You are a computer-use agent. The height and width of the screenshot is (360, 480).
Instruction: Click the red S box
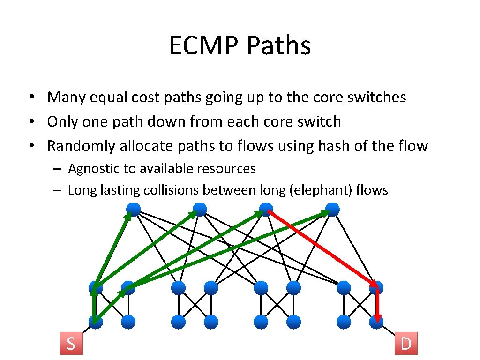pos(71,343)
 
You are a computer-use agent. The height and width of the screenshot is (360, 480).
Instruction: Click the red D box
pos(406,343)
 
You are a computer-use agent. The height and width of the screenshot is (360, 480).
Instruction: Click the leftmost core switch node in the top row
pos(133,210)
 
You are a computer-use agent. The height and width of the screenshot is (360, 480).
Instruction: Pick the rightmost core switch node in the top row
pos(332,210)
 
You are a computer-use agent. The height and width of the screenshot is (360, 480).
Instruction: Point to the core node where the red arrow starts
pos(266,210)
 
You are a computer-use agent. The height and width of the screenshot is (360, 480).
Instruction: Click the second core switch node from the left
pos(200,210)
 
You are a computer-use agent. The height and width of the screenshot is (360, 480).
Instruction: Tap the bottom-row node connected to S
pos(95,322)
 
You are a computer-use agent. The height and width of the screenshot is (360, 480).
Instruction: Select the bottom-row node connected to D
pos(376,322)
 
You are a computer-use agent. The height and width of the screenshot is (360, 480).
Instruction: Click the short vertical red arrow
pos(377,305)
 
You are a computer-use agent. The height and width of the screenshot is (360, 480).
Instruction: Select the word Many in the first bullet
pos(63,97)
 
